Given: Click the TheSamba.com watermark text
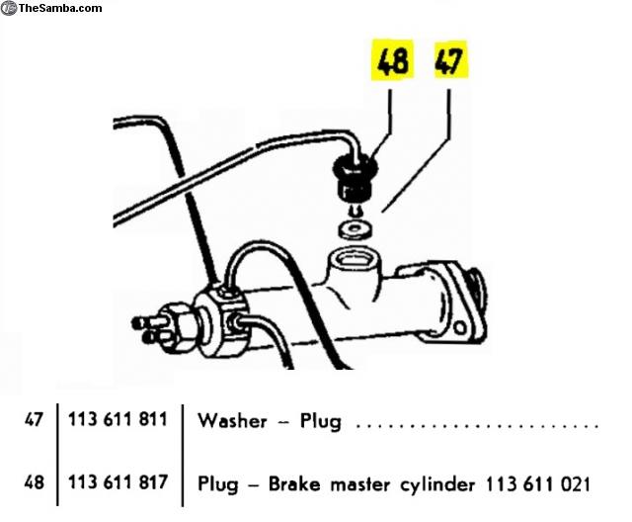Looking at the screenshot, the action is (x=60, y=8).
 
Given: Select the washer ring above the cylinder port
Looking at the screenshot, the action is (x=355, y=229).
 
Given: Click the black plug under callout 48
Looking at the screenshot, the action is (x=355, y=180).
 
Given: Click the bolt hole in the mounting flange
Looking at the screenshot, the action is (x=460, y=327).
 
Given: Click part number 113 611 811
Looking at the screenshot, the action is (x=118, y=419).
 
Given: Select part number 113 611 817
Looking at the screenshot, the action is (x=118, y=482).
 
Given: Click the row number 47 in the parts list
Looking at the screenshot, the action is (x=34, y=419).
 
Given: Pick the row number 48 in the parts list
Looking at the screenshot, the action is (x=34, y=482).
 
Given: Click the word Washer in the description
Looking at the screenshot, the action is (x=232, y=420).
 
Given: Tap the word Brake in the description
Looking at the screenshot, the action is (x=294, y=483).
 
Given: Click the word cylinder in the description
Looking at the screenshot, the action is (x=437, y=484).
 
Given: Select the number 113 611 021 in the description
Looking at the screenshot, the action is (x=537, y=484).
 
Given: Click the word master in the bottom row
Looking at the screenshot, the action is (x=360, y=484).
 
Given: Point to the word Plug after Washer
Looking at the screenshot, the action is (x=321, y=422).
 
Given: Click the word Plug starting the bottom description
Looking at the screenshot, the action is (x=218, y=484).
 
